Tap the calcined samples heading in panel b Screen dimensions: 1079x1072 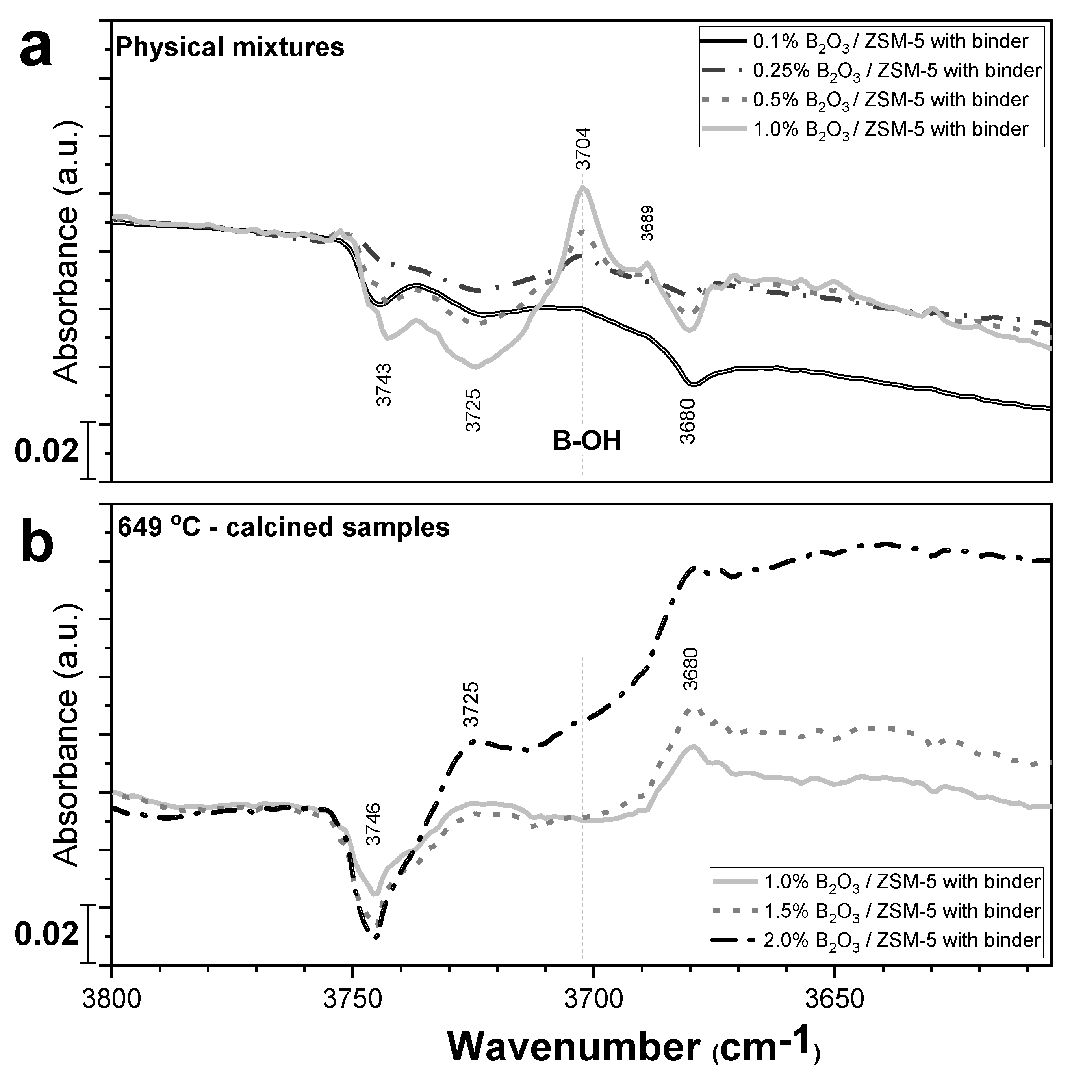(284, 527)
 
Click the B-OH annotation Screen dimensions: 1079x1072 (586, 442)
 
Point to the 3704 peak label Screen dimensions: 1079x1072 (583, 149)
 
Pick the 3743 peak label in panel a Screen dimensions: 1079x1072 (384, 385)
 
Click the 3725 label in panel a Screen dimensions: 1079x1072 (473, 410)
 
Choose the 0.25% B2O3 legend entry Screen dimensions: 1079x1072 (896, 71)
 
